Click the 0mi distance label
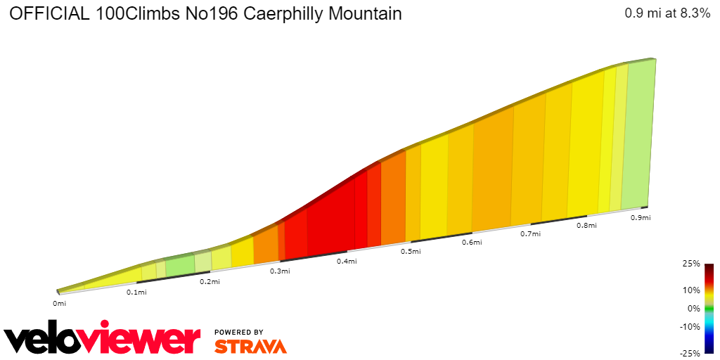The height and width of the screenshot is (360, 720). point(59,304)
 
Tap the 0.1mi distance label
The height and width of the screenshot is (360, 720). point(136,292)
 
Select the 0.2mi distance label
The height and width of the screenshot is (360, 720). point(210,282)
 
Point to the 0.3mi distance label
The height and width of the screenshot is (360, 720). point(280,271)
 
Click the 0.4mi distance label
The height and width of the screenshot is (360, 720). point(347,262)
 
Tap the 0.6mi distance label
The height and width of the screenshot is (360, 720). point(472,243)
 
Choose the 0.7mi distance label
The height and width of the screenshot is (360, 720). point(530,233)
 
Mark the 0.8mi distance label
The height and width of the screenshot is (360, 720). point(586,226)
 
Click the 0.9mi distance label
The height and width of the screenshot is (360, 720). point(641,218)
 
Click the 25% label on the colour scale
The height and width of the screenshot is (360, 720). point(692,264)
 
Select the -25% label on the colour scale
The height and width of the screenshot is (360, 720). point(690,353)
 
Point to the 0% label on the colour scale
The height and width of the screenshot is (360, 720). point(694,308)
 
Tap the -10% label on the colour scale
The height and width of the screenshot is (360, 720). point(690,326)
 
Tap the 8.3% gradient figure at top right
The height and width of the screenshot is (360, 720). point(690,13)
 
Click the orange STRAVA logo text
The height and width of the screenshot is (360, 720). point(250,346)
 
